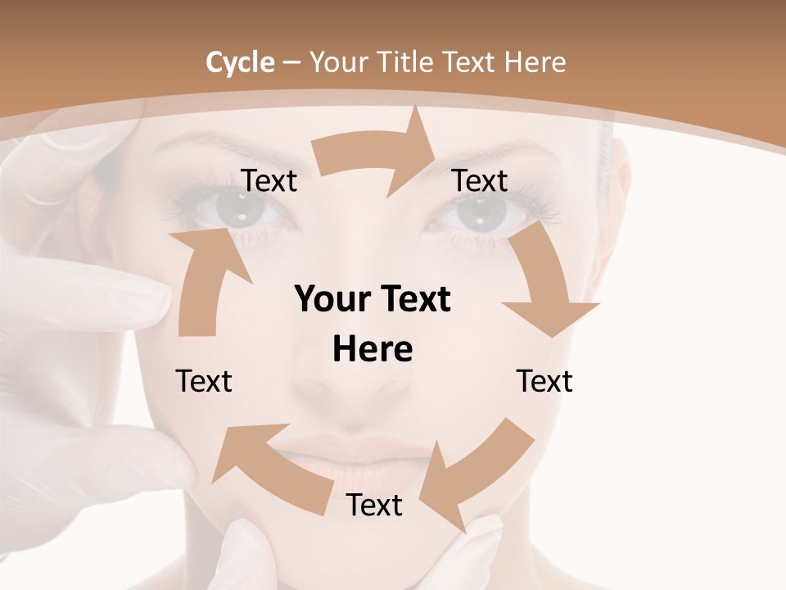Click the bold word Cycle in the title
pyautogui.click(x=240, y=62)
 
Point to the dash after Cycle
pyautogui.click(x=292, y=63)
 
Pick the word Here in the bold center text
pyautogui.click(x=373, y=349)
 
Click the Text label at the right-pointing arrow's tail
pyautogui.click(x=269, y=181)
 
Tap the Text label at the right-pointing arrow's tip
pyautogui.click(x=480, y=180)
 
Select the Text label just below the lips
pyautogui.click(x=374, y=506)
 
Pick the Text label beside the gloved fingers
pyautogui.click(x=204, y=381)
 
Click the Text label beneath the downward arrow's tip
pyautogui.click(x=544, y=381)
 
